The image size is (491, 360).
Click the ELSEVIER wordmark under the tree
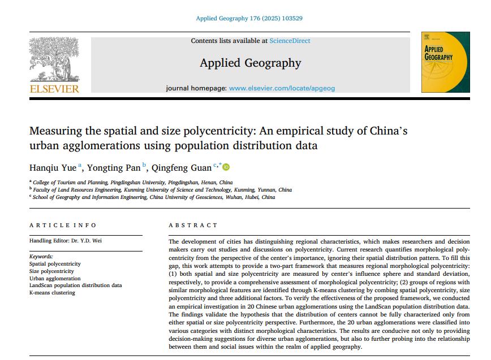tap(54, 89)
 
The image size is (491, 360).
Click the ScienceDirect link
tap(290, 41)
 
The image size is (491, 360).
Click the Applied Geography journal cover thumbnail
tap(445, 63)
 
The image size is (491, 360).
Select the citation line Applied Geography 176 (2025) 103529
tap(249, 18)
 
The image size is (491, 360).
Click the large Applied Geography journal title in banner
tap(250, 63)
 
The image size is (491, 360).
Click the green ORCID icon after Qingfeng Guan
tap(226, 167)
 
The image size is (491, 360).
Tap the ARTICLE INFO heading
tap(63, 225)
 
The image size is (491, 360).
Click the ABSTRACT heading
tap(193, 225)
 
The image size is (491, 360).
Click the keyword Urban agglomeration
tap(55, 278)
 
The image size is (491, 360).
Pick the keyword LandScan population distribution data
tap(75, 285)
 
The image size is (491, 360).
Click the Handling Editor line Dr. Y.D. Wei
tap(66, 241)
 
